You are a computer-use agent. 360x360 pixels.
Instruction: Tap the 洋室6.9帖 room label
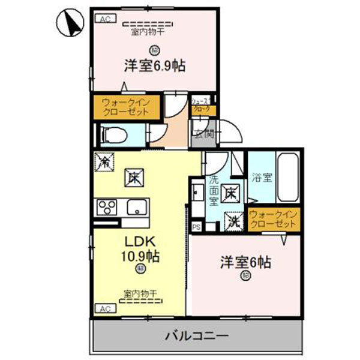pyautogui.click(x=154, y=65)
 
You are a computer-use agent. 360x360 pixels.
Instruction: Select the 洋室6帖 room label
pyautogui.click(x=246, y=262)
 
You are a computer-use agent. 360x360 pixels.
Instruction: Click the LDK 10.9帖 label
pyautogui.click(x=141, y=249)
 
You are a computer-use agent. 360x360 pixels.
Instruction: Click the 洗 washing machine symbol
pyautogui.click(x=232, y=221)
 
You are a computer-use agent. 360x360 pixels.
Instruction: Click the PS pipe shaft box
pyautogui.click(x=197, y=226)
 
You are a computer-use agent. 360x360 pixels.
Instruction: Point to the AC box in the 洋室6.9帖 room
pyautogui.click(x=104, y=19)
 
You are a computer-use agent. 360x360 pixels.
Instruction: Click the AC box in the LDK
pyautogui.click(x=104, y=308)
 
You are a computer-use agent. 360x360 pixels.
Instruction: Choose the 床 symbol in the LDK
pyautogui.click(x=134, y=178)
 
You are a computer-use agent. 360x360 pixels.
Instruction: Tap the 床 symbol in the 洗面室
pyautogui.click(x=230, y=194)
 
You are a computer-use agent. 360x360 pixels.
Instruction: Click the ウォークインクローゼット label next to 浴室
pyautogui.click(x=273, y=219)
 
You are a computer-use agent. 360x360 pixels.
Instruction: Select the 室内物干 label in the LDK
pyautogui.click(x=140, y=293)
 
